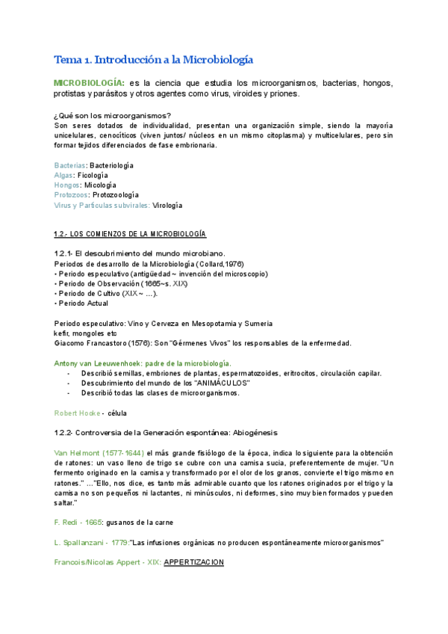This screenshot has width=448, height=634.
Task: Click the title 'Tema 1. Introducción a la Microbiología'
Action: (154, 60)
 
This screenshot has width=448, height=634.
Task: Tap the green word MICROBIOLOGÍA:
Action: (90, 82)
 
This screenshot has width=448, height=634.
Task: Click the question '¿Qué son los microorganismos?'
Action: (112, 115)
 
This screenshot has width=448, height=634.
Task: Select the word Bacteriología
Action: (112, 164)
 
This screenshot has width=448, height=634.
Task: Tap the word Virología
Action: (168, 205)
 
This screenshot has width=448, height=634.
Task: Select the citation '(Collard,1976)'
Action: (220, 265)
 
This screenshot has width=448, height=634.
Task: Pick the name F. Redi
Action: (67, 522)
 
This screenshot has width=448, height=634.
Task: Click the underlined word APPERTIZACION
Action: (193, 562)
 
